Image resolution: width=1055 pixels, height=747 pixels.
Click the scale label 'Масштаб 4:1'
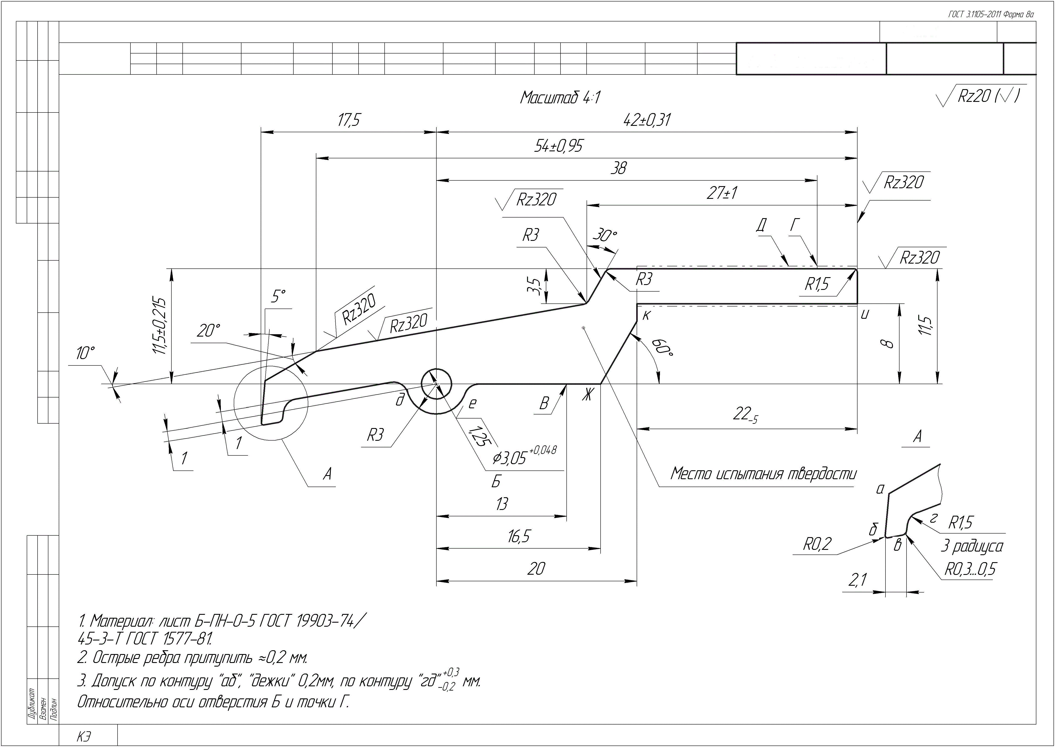560,98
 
